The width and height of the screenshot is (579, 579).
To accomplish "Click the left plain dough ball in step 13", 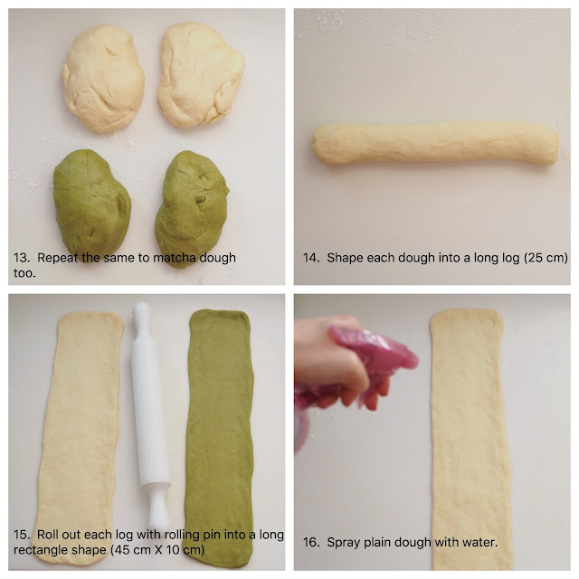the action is (103, 79).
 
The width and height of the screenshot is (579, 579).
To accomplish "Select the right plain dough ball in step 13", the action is (201, 75).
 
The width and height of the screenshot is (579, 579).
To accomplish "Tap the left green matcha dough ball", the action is (91, 204).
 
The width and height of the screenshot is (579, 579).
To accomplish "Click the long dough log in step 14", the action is (435, 144).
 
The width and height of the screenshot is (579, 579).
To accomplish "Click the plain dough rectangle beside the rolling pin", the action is (80, 438).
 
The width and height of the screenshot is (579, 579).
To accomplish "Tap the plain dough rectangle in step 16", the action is (470, 440).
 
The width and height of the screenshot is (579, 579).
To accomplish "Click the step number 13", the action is (22, 258).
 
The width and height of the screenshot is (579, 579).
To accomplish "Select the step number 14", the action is (311, 258).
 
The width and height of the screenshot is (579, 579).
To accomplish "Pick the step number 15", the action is (22, 535).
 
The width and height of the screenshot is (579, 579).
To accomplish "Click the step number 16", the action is (311, 543).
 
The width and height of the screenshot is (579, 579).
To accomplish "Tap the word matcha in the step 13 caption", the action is (175, 258).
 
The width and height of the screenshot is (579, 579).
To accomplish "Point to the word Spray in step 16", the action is (344, 543).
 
